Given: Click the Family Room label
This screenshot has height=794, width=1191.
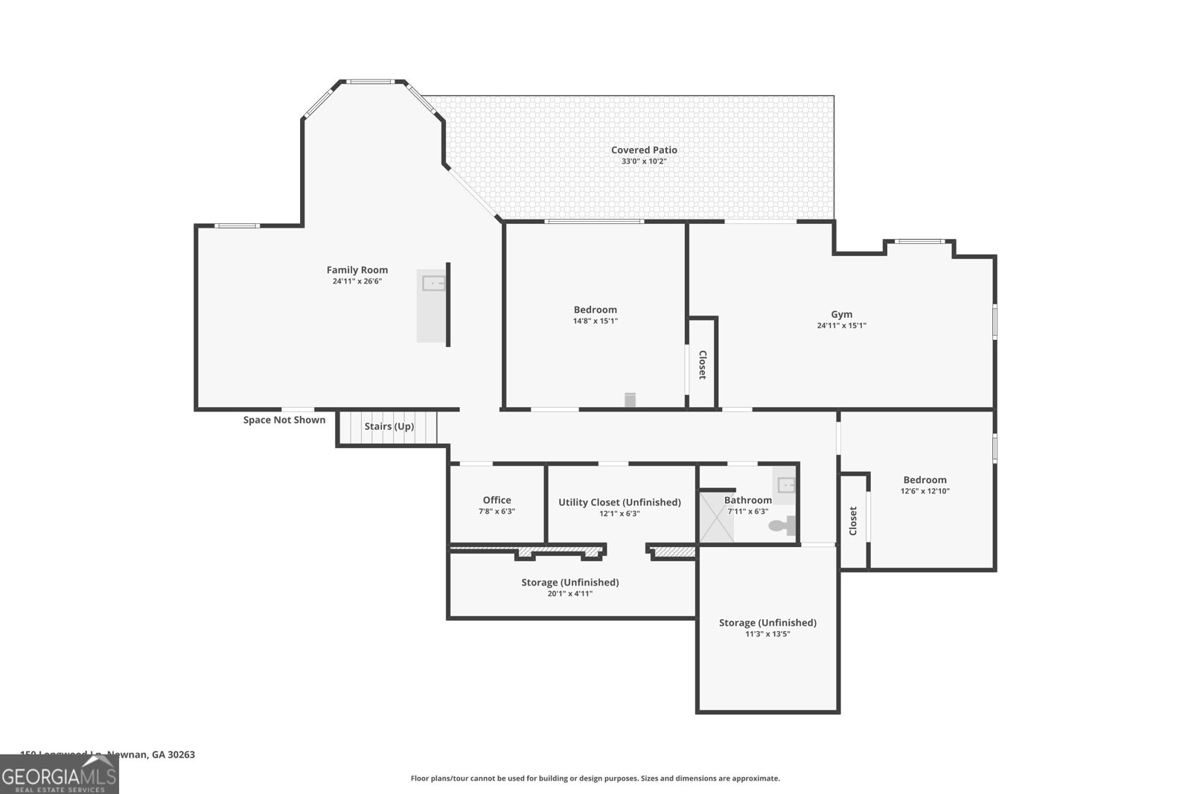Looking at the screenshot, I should tap(357, 270).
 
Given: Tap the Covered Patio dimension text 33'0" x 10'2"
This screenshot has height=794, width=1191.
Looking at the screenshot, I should tap(644, 161).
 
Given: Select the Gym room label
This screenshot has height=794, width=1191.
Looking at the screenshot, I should tap(842, 314).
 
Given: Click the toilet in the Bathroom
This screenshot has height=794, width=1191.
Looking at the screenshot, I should tap(782, 525).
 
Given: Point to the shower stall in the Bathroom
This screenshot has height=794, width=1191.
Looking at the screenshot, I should tap(717, 517).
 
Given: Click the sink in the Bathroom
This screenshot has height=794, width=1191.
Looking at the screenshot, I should tap(786, 485).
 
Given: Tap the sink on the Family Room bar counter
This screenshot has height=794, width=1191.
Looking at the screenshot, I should tap(433, 283).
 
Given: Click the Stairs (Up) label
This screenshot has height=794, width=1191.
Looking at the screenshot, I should tap(389, 426).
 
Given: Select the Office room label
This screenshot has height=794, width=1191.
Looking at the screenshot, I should tap(496, 500).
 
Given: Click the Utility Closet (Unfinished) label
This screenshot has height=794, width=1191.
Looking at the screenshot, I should tap(619, 502).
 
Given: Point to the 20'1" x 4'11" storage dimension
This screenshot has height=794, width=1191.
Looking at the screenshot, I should tap(570, 594).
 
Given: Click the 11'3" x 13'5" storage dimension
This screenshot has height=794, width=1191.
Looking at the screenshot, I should tap(767, 634).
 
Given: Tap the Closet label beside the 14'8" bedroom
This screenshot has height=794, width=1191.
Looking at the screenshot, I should tap(701, 365).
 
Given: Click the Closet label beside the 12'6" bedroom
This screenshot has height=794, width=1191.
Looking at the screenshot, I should tap(853, 521).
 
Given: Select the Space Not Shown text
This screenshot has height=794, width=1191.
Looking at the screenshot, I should tap(284, 420).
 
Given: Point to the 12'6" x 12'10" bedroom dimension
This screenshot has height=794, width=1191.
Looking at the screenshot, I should tap(925, 491).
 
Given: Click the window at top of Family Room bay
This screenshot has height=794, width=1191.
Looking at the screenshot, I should tap(370, 82).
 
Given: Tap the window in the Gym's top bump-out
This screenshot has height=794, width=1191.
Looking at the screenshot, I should tap(919, 241).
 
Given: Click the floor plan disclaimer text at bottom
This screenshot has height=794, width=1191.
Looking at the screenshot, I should tap(595, 778).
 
